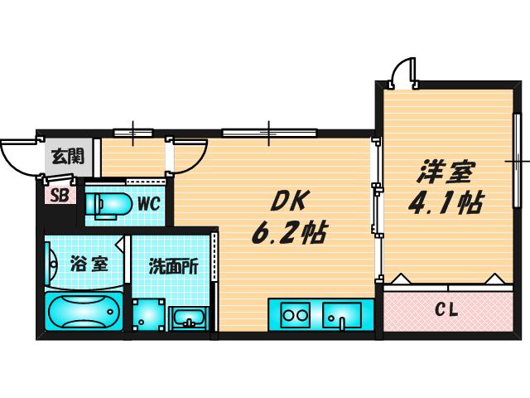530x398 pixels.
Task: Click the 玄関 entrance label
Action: (68, 157)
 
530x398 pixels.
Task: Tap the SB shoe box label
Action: (60, 196)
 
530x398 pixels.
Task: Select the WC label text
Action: (148, 204)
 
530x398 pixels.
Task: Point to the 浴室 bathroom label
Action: (89, 265)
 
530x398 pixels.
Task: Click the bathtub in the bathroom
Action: (84, 311)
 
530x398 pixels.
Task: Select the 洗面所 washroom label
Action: (173, 267)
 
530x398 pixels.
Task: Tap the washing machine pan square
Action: (149, 315)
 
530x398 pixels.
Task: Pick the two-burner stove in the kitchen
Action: (296, 315)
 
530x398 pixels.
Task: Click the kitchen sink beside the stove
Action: (341, 315)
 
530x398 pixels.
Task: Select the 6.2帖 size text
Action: (289, 233)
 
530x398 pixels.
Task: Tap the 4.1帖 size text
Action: (446, 203)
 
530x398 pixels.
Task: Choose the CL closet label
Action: (446, 309)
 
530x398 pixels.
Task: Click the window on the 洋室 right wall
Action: (517, 160)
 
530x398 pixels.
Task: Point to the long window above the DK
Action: (269, 133)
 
